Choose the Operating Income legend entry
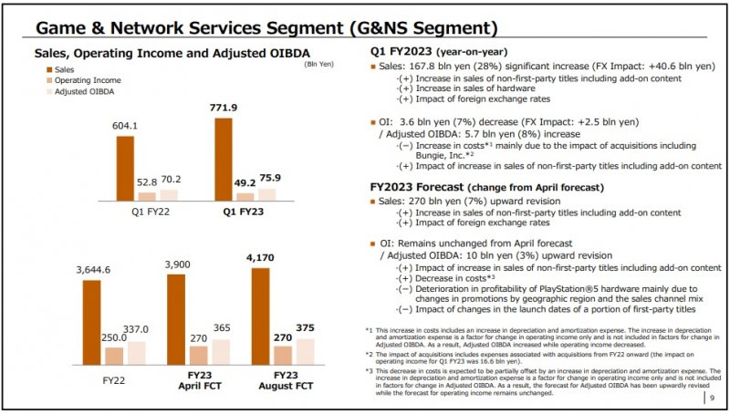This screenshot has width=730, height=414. (x=84, y=80)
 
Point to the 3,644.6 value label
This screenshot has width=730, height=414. (x=91, y=270)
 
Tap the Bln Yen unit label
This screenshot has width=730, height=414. (x=319, y=62)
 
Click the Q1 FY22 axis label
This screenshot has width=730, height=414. (x=147, y=212)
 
